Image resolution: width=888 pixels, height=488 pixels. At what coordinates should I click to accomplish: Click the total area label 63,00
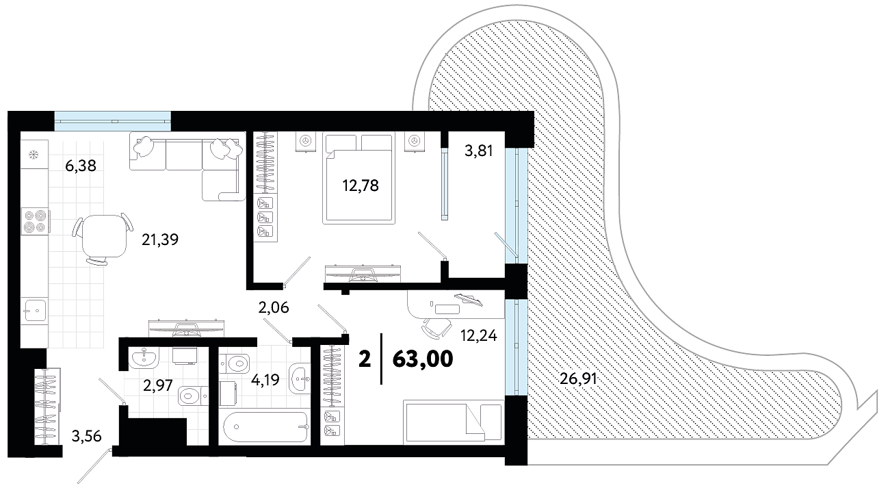423,359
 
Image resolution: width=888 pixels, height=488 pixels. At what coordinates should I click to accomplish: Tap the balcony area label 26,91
578,379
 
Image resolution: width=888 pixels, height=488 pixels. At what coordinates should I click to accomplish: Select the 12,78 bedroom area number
361,185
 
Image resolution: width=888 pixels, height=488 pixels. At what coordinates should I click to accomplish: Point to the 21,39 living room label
160,240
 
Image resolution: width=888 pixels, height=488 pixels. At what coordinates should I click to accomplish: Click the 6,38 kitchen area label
81,166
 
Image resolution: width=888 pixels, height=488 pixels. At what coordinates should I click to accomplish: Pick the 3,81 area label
479,151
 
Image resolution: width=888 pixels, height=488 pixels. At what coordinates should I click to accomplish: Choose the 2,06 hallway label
274,307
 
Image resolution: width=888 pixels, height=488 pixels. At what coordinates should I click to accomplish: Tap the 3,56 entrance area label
86,437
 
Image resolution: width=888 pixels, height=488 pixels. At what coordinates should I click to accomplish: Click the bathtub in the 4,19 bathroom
265,427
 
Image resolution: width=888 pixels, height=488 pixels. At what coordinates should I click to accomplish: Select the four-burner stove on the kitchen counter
35,221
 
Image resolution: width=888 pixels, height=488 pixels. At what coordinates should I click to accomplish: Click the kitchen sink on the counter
34,311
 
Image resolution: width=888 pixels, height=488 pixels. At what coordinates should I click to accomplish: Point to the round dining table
104,236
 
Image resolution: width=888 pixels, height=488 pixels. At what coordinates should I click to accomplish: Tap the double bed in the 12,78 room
358,178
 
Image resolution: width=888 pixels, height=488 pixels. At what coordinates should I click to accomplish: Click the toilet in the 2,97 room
193,396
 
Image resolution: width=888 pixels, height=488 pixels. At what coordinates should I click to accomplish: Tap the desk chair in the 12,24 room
436,328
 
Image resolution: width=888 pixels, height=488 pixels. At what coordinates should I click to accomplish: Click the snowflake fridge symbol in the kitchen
34,154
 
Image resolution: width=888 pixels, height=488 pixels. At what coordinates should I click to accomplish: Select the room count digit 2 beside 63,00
365,359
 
